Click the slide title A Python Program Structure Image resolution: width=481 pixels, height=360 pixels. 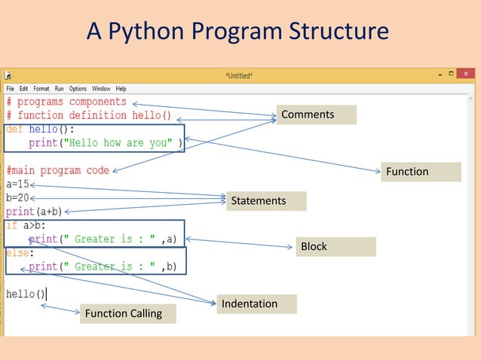(237, 31)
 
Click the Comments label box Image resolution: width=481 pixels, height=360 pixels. (315, 114)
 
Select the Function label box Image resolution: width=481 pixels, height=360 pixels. (420, 172)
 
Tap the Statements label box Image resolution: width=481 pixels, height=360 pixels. (268, 201)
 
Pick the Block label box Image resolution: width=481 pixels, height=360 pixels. (335, 246)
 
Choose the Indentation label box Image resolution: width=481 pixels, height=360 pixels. (256, 304)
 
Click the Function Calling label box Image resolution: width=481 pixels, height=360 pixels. (127, 313)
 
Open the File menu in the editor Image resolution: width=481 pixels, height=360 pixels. (11, 89)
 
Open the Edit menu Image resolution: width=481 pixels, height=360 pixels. (24, 89)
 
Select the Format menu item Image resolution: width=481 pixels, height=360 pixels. (41, 89)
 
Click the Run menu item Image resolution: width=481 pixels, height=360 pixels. (59, 89)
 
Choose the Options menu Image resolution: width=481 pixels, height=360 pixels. (78, 89)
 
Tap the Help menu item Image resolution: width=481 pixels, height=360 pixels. (121, 89)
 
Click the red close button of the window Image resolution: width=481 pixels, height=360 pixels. (466, 74)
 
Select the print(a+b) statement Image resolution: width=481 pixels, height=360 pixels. (34, 212)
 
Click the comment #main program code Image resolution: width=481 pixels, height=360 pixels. (57, 170)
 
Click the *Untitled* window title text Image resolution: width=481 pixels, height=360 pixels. (239, 75)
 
